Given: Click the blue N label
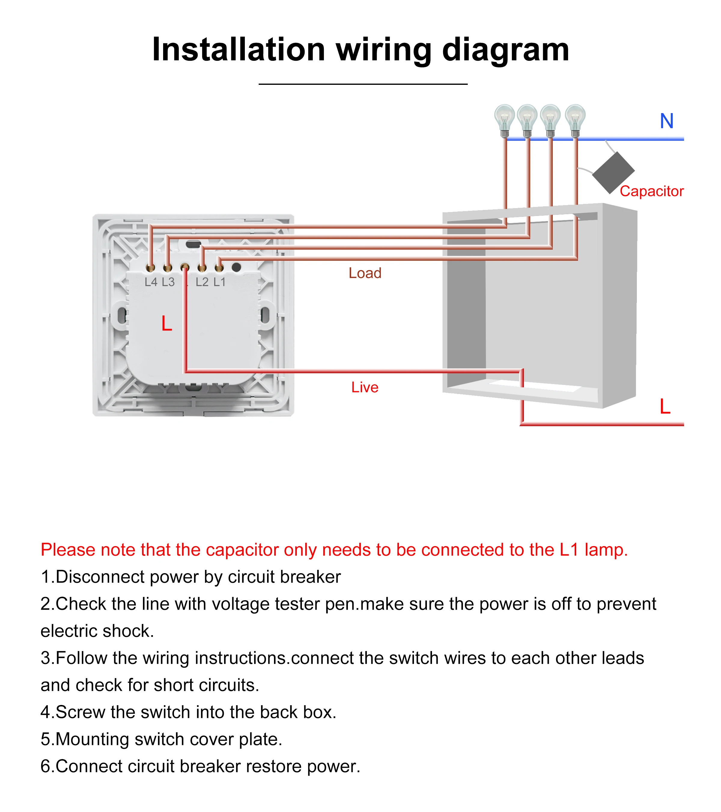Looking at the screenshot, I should pos(667,121).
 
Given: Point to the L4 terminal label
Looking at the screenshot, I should pos(151,282).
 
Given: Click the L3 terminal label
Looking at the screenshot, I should pos(168,282).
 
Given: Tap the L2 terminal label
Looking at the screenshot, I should pos(202,282).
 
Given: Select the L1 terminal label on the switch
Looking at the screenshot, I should pos(219,282).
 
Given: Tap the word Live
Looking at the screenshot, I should pos(365,387).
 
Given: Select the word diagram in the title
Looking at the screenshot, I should pos(506,50).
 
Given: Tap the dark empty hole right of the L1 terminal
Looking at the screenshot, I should pos(236,267).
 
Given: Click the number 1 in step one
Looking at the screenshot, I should pos(46,577).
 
